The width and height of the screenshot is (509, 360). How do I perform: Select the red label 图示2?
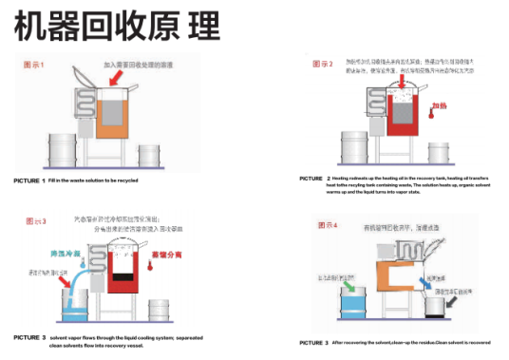tap(323, 65)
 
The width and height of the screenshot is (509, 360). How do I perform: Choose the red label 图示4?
tap(323, 225)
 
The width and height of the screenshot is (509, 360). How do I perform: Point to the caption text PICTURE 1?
tap(28, 180)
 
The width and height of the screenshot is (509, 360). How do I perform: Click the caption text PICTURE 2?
tap(314, 179)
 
